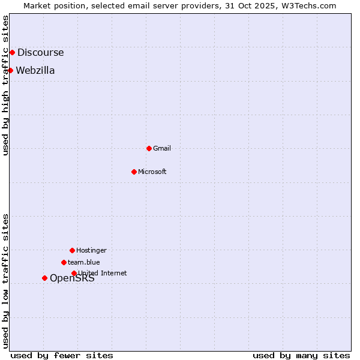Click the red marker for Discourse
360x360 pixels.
pyautogui.click(x=12, y=53)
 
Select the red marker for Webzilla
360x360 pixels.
pyautogui.click(x=10, y=71)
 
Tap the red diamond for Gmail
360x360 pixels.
pyautogui.click(x=149, y=148)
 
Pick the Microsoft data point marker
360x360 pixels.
pyautogui.click(x=134, y=172)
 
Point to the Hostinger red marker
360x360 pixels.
pyautogui.click(x=72, y=250)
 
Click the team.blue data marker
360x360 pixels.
pyautogui.click(x=64, y=262)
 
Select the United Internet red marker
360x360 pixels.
pyautogui.click(x=74, y=273)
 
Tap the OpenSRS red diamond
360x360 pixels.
pyautogui.click(x=44, y=278)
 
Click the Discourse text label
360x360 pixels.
pyautogui.click(x=40, y=53)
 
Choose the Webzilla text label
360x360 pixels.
pyautogui.click(x=35, y=71)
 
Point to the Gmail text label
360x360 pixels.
pyautogui.click(x=162, y=148)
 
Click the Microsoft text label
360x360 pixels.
pyautogui.click(x=152, y=172)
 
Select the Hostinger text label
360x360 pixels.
pyautogui.click(x=91, y=250)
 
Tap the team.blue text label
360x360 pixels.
pyautogui.click(x=84, y=262)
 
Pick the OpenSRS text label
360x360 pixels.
pyautogui.click(x=72, y=278)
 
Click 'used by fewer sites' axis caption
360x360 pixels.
pyautogui.click(x=62, y=355)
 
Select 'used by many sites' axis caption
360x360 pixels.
pyautogui.click(x=301, y=355)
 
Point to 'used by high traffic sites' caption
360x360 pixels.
pyautogui.click(x=5, y=86)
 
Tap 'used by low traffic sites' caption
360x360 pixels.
pyautogui.click(x=5, y=281)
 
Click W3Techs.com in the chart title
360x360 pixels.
pyautogui.click(x=306, y=5)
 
